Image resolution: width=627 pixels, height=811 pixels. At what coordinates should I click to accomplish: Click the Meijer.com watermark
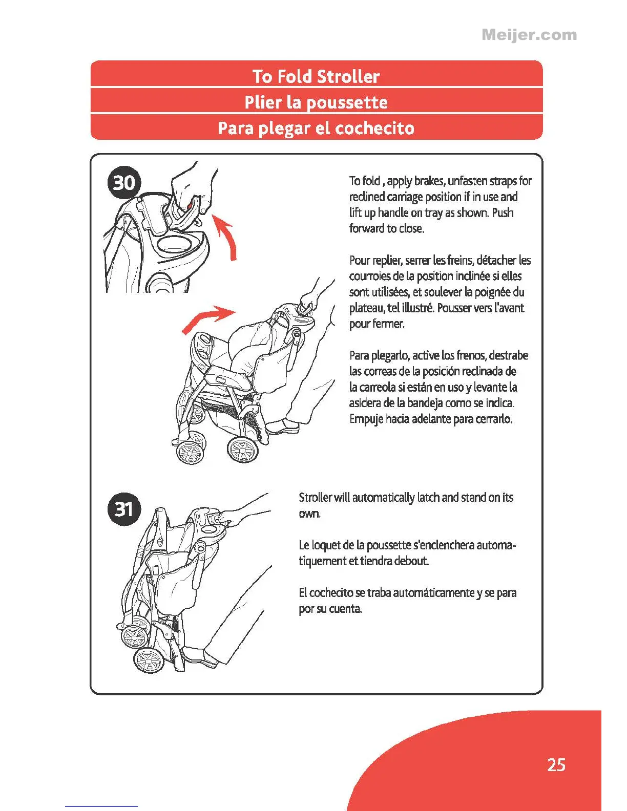tap(529, 35)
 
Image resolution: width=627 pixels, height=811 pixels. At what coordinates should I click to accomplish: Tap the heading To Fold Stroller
tap(316, 76)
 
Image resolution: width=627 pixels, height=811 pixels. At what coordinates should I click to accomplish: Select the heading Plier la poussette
tap(316, 102)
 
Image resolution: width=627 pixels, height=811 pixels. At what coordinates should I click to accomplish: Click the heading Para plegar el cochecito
tap(316, 127)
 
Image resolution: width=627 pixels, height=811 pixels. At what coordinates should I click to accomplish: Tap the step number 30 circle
tap(123, 182)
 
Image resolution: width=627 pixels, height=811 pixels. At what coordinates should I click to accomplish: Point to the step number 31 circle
tap(123, 509)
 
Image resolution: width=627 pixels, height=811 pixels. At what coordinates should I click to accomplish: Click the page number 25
tap(556, 764)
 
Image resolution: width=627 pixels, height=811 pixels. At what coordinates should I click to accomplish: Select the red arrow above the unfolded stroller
tap(207, 318)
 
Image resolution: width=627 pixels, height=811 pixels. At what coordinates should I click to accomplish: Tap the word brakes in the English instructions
tap(429, 181)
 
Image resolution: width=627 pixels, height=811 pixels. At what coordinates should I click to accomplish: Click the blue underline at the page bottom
tap(101, 806)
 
